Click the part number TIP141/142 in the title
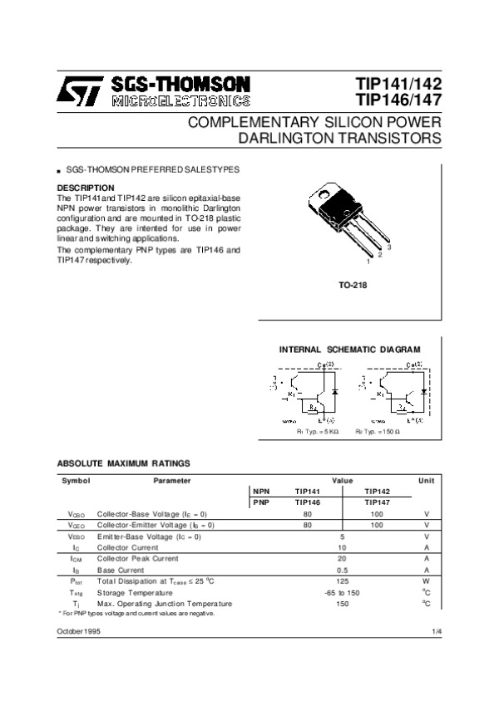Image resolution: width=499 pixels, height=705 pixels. click(398, 85)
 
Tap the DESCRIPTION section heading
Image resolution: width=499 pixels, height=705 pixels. click(85, 188)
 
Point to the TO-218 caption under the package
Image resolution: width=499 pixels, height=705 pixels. click(353, 286)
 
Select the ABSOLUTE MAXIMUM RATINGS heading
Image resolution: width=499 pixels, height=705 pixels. click(123, 463)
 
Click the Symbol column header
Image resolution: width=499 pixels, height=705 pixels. click(76, 481)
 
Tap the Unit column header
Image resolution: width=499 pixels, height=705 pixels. click(426, 481)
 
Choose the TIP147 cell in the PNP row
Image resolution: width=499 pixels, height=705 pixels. click(377, 502)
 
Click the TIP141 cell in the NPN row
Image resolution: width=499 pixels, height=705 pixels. click(308, 492)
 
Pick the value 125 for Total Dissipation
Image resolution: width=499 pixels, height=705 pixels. click(342, 581)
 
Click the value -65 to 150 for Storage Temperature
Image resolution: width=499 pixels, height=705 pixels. click(342, 592)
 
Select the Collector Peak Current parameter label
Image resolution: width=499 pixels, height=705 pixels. click(137, 559)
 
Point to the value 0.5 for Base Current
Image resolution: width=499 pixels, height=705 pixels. click(342, 570)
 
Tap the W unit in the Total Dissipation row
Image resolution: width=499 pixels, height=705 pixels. click(426, 581)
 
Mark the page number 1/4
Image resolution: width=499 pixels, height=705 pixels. click(437, 633)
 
